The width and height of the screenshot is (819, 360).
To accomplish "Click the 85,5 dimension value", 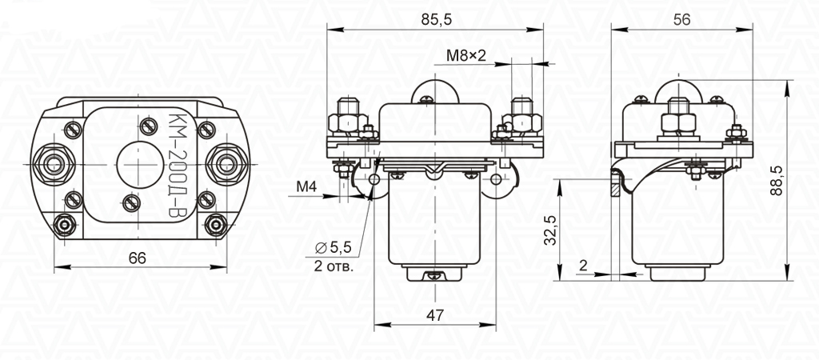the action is click(x=436, y=19).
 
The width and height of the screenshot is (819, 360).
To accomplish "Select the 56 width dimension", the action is click(x=681, y=19).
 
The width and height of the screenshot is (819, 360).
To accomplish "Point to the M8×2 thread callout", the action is click(x=466, y=55).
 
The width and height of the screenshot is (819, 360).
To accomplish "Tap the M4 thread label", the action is click(x=306, y=186).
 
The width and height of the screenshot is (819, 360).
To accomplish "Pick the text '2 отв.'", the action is click(x=334, y=266).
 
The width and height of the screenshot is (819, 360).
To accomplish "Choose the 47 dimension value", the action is click(x=435, y=315).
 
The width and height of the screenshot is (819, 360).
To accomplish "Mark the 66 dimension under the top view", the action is click(x=138, y=258).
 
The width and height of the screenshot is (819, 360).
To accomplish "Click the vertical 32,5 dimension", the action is click(x=549, y=230).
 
